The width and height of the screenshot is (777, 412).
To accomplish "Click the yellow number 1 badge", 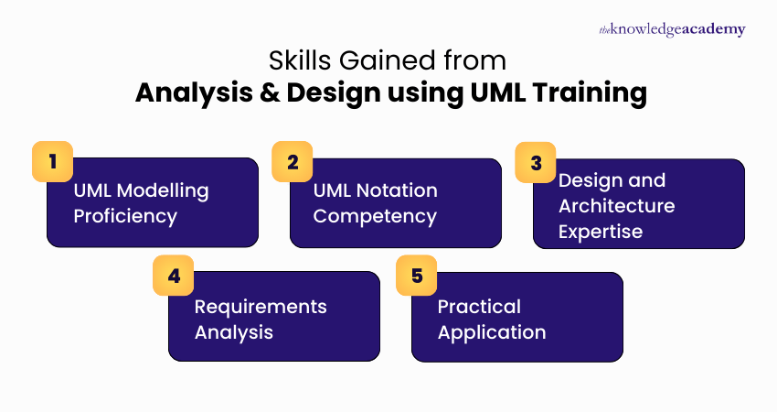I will click(x=52, y=161).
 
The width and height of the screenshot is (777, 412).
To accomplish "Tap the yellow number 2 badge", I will click(x=293, y=161).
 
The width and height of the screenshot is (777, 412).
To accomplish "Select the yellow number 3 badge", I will click(x=536, y=161).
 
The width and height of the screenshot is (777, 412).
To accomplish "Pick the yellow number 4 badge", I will click(x=174, y=275).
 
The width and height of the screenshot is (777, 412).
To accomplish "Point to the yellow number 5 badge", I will click(x=417, y=275).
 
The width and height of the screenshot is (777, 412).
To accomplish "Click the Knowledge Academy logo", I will click(x=671, y=29).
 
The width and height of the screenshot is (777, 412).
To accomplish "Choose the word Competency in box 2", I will click(x=375, y=216).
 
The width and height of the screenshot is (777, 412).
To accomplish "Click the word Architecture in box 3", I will click(x=616, y=206).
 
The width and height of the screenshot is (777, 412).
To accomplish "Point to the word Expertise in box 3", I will click(x=601, y=232).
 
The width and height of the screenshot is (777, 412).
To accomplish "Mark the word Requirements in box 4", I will click(x=261, y=306).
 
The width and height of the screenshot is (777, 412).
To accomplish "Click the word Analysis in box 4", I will click(x=234, y=331).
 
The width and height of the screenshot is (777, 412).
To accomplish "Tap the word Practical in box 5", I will click(x=479, y=306).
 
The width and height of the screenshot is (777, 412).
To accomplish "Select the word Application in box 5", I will click(x=492, y=331).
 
